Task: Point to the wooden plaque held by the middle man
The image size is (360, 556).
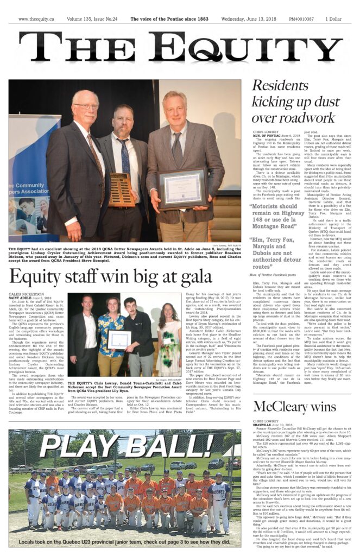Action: [122, 189]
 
